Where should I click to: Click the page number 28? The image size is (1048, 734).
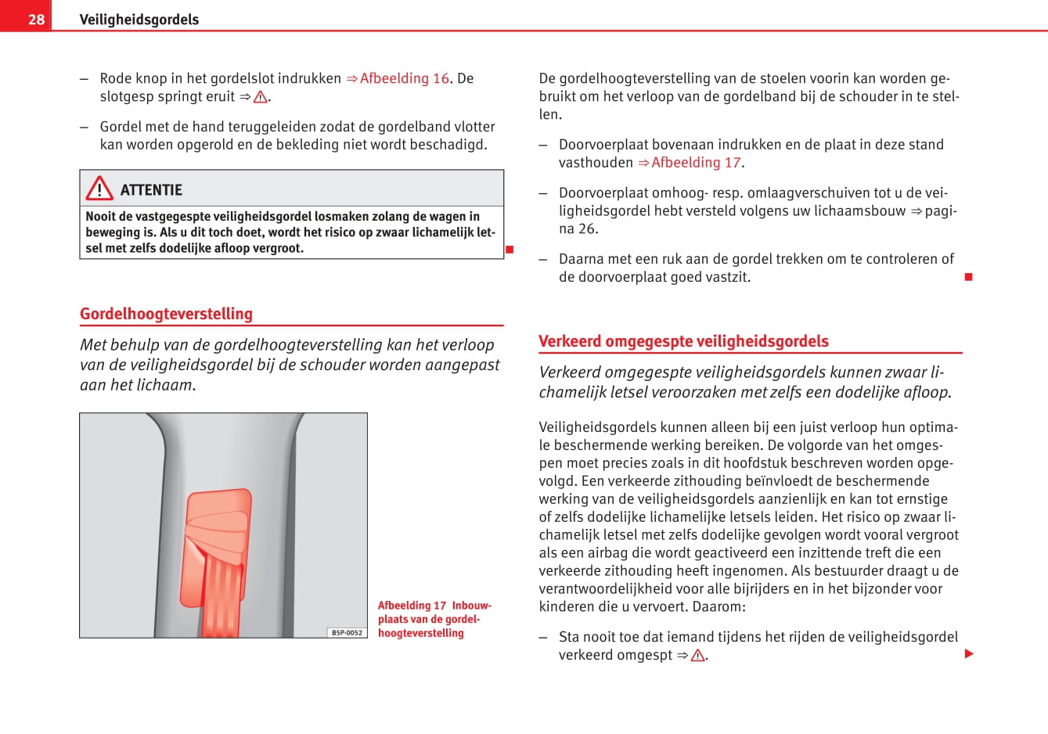tap(36, 19)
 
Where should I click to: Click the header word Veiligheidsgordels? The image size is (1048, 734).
tap(139, 20)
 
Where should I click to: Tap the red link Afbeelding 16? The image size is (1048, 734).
tap(404, 78)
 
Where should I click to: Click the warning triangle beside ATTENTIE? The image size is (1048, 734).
tap(99, 189)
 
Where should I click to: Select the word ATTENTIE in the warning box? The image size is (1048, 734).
tap(151, 190)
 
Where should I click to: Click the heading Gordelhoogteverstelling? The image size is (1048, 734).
tap(166, 314)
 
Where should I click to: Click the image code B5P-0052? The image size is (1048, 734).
tap(347, 632)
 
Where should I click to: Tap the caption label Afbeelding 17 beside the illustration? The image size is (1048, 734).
tap(412, 606)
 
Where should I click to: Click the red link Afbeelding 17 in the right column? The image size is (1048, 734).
tap(695, 163)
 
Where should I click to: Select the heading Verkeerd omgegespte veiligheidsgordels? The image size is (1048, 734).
tap(683, 341)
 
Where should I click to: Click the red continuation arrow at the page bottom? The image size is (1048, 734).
tap(969, 654)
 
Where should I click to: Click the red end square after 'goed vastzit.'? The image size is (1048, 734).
tap(968, 277)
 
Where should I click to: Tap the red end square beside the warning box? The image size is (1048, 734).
tap(509, 250)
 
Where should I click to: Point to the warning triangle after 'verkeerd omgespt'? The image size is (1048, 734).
tap(697, 656)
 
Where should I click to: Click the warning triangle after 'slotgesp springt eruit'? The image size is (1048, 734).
tap(261, 97)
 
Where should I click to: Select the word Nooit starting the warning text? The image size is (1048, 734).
tap(99, 217)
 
